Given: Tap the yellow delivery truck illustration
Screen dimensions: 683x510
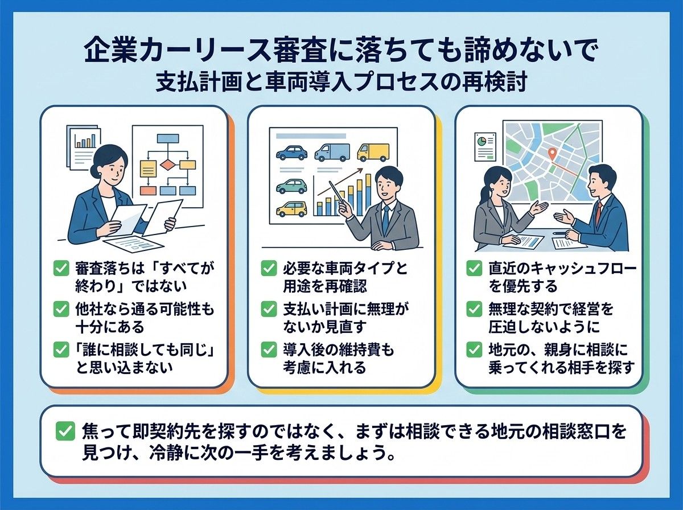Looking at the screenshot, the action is coord(373,153).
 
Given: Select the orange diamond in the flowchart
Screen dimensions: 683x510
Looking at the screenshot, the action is coord(167,165).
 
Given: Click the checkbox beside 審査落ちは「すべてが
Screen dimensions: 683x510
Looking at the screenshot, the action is coord(61,269).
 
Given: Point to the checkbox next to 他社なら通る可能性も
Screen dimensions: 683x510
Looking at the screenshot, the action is coord(61,309).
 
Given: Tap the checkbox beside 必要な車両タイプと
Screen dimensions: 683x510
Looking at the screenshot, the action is coord(269,269).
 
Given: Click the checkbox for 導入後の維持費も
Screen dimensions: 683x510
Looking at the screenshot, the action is coord(269,349).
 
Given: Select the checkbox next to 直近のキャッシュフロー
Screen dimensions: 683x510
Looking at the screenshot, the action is coord(474,269).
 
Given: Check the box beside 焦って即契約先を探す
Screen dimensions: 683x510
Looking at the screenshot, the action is coord(65,431).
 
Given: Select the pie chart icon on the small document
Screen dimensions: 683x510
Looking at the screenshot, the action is coord(482,142).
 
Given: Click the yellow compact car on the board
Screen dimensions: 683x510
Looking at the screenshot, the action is coord(291,209).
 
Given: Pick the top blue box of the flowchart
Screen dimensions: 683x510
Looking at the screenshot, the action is coord(168,138).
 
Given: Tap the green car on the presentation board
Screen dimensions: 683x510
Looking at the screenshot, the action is coord(291,186).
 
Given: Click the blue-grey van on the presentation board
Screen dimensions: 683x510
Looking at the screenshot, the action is coord(332,153).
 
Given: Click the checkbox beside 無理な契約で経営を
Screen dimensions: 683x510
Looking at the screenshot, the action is coord(474,309).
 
